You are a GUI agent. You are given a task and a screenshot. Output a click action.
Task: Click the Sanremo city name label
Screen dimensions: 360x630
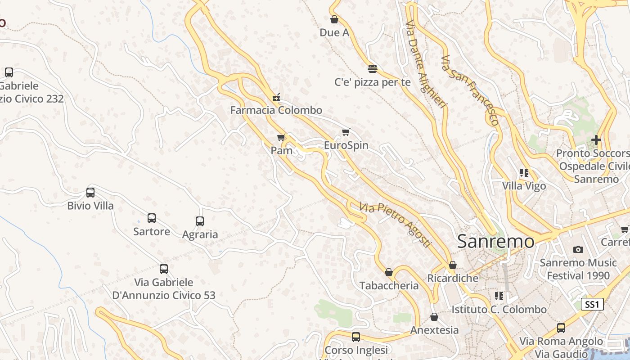pos(496,242)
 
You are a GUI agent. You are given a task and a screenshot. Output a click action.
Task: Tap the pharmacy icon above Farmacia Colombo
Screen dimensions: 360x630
pos(276,96)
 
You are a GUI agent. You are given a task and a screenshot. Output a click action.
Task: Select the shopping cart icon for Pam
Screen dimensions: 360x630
pos(282,137)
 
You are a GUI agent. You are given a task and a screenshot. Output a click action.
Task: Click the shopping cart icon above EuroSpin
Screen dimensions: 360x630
pos(346,132)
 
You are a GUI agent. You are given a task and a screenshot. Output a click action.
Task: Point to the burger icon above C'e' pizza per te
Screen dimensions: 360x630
pos(372,69)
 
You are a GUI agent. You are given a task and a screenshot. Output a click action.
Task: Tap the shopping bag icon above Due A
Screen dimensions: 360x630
pos(334,19)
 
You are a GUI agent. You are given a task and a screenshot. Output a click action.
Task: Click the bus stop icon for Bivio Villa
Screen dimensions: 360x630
pos(90,193)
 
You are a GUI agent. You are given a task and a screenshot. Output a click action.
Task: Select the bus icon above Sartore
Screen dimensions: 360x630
pos(152,218)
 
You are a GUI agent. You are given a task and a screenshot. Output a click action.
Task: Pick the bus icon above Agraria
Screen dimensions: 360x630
pos(200,221)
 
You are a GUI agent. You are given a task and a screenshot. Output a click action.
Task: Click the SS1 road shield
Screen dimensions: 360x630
pos(592,305)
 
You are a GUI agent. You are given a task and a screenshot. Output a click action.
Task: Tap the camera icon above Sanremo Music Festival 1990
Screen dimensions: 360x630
pos(578,249)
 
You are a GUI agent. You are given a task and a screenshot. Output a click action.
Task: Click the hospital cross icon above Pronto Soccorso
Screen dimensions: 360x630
pos(596,140)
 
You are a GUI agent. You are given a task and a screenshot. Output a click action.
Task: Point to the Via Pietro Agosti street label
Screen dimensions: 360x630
pos(395,224)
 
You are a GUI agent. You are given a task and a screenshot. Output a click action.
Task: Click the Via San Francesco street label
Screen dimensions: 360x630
pos(470,90)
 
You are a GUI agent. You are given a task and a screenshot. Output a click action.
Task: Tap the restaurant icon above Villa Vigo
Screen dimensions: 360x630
pos(524,173)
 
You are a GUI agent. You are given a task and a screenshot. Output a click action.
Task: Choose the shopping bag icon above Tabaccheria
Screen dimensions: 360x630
pos(389,273)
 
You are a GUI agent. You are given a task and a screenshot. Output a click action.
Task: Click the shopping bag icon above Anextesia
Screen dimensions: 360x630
pos(434,317)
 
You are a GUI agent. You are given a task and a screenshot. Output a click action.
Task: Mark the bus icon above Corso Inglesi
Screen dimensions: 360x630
pos(356,337)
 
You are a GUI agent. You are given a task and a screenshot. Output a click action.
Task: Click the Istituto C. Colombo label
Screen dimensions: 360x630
pos(499,310)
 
